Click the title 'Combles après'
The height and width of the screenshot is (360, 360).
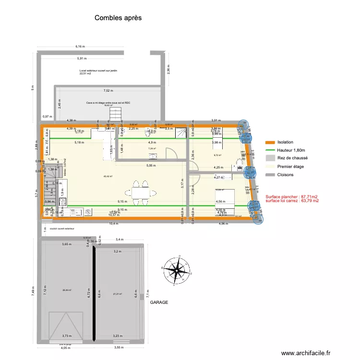(118, 17)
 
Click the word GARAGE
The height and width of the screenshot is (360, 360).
(158, 303)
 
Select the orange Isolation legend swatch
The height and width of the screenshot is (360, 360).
(270, 143)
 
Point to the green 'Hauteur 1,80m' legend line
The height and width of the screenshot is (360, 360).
(270, 150)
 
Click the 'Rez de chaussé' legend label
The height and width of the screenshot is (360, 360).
(293, 158)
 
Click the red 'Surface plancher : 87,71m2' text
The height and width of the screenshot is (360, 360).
(291, 196)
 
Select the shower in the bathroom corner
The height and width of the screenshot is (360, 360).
(181, 133)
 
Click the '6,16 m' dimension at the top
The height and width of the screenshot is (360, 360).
(80, 47)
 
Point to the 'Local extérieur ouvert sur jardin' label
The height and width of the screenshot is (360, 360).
(98, 71)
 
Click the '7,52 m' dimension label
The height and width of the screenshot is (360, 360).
(108, 91)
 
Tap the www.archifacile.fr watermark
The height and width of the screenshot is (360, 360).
(306, 353)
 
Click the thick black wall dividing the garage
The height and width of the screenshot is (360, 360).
(94, 293)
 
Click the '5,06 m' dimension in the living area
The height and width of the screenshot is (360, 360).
(152, 166)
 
